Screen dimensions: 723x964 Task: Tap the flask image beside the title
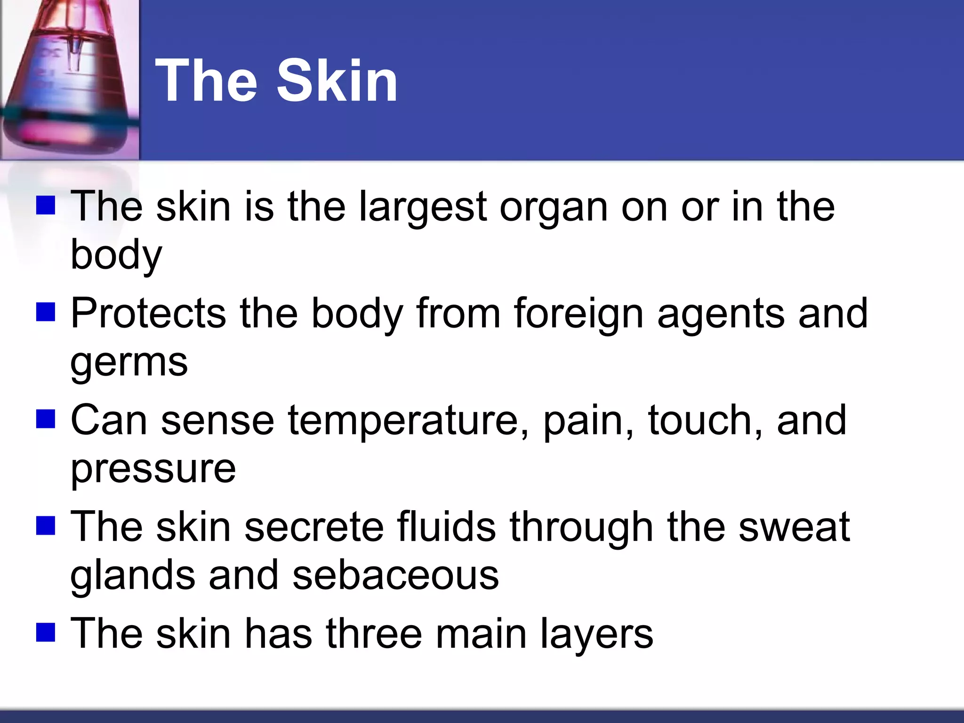pyautogui.click(x=70, y=79)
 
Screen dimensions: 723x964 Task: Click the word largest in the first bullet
pyautogui.click(x=422, y=208)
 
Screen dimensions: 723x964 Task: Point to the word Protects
pyautogui.click(x=148, y=314)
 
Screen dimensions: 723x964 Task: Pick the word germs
pyautogui.click(x=129, y=363)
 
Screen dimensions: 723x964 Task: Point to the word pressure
pyautogui.click(x=153, y=469)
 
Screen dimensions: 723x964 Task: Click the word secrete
pyautogui.click(x=314, y=527)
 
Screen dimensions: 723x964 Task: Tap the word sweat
pyautogui.click(x=794, y=527)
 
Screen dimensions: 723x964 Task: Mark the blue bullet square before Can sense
pyautogui.click(x=46, y=418)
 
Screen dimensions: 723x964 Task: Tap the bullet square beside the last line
pyautogui.click(x=46, y=632)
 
